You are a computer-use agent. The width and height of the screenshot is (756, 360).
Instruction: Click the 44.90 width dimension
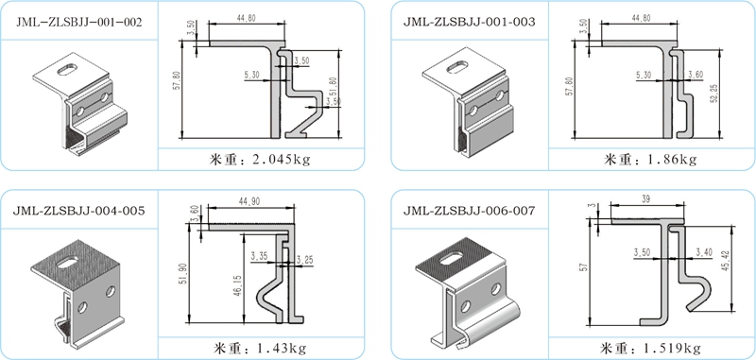tap(249, 201)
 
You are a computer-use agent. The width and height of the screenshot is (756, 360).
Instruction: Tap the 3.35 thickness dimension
tap(259, 255)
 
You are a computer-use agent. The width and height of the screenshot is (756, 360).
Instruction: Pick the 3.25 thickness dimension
tap(303, 259)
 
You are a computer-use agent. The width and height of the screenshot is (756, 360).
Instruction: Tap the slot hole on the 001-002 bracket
tap(68, 69)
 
